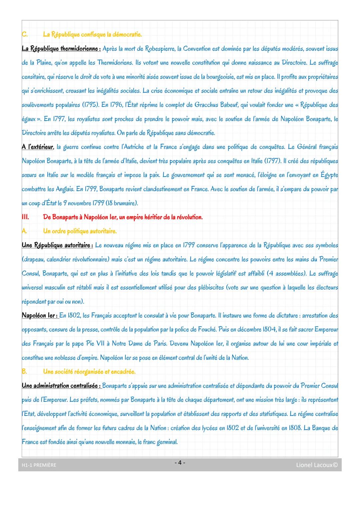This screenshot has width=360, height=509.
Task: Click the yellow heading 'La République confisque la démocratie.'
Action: point(92,34)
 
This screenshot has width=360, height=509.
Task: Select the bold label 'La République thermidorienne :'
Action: point(61,49)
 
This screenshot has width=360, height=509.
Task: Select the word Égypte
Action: point(329,175)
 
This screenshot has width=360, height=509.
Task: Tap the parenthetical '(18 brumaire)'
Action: point(121,203)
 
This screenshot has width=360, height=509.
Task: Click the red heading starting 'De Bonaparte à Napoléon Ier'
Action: point(123,217)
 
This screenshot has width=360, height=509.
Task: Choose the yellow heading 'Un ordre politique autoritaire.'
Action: point(80,231)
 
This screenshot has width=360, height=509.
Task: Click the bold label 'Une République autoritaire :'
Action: point(57,245)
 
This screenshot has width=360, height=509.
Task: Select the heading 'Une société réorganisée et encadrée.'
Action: point(89,372)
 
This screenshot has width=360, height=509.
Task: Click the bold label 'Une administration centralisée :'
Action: point(61,386)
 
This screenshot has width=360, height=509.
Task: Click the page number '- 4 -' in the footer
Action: point(180,463)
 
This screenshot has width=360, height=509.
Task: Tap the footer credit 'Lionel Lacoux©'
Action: point(317,465)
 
